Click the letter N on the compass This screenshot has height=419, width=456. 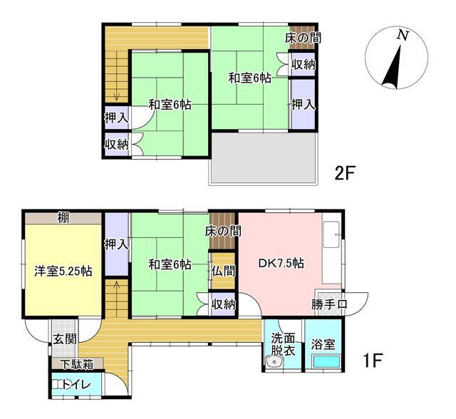tap(403, 35)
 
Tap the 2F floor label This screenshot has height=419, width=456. tap(347, 172)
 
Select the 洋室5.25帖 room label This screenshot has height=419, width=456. tap(63, 271)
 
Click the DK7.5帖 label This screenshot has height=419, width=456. tap(281, 263)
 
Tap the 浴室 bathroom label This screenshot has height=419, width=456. tap(323, 343)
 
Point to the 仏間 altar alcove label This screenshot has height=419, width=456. tap(222, 271)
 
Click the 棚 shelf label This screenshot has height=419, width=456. tap(63, 218)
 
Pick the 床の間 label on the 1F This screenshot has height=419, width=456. tap(222, 231)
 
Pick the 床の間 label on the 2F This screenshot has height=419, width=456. tap(303, 37)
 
